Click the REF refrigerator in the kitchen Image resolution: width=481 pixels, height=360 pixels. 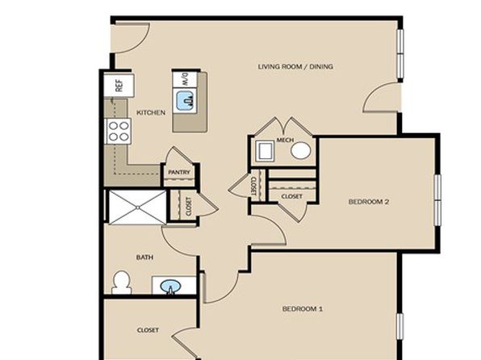pyautogui.click(x=119, y=86)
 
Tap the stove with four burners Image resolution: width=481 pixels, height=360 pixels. pyautogui.click(x=118, y=132)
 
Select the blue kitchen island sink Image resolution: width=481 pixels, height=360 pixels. pyautogui.click(x=185, y=101)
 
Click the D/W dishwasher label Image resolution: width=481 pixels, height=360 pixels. pyautogui.click(x=185, y=79)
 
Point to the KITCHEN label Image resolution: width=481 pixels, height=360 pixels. pyautogui.click(x=151, y=113)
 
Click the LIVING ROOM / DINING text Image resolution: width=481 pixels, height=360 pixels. pyautogui.click(x=295, y=67)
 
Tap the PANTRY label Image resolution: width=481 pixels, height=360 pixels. pyautogui.click(x=179, y=173)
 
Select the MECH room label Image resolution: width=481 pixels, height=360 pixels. pyautogui.click(x=285, y=140)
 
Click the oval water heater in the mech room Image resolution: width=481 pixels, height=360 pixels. pyautogui.click(x=300, y=151)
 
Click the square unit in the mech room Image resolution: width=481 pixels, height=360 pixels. pyautogui.click(x=266, y=151)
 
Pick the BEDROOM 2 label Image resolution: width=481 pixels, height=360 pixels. pyautogui.click(x=369, y=202)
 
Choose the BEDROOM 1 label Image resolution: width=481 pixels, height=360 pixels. pyautogui.click(x=302, y=308)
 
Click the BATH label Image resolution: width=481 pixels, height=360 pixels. pyautogui.click(x=144, y=257)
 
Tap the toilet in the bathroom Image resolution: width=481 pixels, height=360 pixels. pyautogui.click(x=122, y=283)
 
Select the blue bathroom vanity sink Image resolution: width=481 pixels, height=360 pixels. pyautogui.click(x=170, y=287)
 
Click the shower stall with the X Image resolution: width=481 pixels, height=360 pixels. pyautogui.click(x=138, y=207)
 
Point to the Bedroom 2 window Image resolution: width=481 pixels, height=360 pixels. pyautogui.click(x=437, y=200)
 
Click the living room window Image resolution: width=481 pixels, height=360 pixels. pyautogui.click(x=400, y=54)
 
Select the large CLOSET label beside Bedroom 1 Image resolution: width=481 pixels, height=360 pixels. pyautogui.click(x=148, y=330)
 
